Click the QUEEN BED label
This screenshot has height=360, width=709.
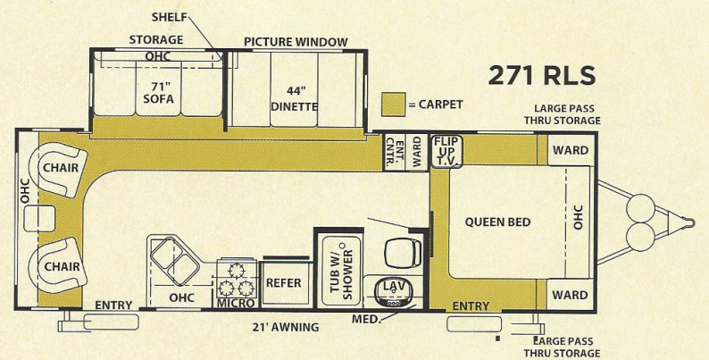[x=496, y=222]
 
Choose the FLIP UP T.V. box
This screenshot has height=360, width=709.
[x=446, y=152]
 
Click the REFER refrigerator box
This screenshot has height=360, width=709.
[x=284, y=283]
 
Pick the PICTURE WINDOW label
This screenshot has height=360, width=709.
[x=295, y=42]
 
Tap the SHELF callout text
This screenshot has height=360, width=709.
[x=169, y=17]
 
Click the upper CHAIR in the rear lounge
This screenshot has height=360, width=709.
[x=57, y=167]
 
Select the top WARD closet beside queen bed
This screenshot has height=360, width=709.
[x=570, y=150]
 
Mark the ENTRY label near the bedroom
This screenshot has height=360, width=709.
[x=471, y=306]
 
